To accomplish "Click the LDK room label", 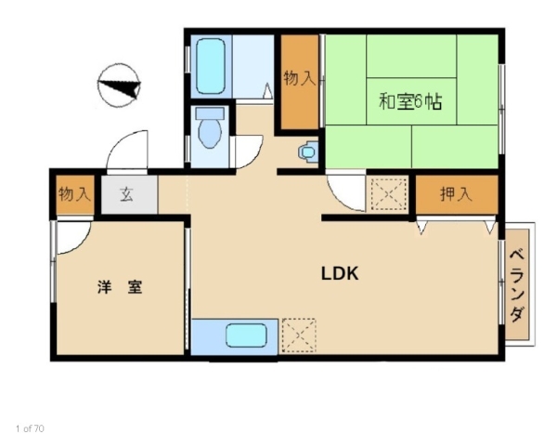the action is pyautogui.click(x=340, y=273).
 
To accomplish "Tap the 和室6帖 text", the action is pyautogui.click(x=410, y=101).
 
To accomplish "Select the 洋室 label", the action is pyautogui.click(x=120, y=287).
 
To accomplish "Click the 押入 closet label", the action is pyautogui.click(x=456, y=194).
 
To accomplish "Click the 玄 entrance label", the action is pyautogui.click(x=126, y=194).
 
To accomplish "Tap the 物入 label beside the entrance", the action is pyautogui.click(x=74, y=194).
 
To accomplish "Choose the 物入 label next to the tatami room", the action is pyautogui.click(x=300, y=78).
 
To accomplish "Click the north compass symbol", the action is pyautogui.click(x=120, y=85).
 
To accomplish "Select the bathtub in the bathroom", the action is pyautogui.click(x=211, y=66).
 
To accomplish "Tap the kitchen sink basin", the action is pyautogui.click(x=246, y=335).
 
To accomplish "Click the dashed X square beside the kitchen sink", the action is pyautogui.click(x=299, y=335).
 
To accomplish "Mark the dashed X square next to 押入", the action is pyautogui.click(x=389, y=194).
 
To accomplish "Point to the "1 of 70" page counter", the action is pyautogui.click(x=31, y=428).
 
